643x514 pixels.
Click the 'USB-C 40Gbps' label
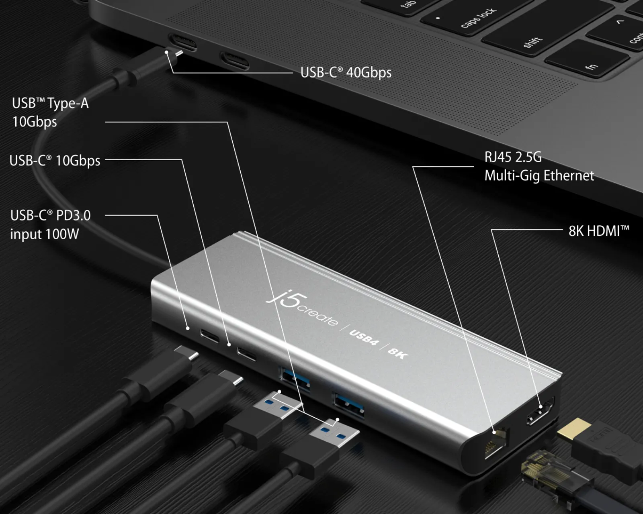coord(346,73)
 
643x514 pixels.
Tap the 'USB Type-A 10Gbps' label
coord(50,112)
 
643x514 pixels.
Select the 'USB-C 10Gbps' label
coord(55,161)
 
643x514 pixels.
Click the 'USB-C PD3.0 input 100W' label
coord(50,224)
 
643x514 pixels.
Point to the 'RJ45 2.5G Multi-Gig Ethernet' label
coord(539,166)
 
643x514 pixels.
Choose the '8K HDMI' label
coord(598,231)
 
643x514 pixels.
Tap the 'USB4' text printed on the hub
coord(364,338)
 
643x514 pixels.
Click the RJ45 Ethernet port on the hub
coord(497,444)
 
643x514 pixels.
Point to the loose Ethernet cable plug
coord(543,470)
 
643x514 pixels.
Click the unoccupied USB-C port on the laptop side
coord(234,61)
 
